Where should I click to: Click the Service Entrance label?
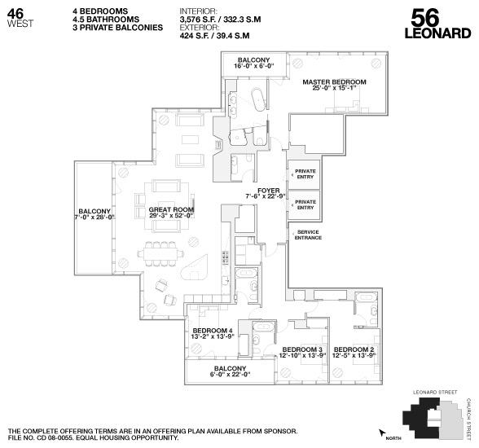[309, 235]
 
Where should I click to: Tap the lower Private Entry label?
[305, 204]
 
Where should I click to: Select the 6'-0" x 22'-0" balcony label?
[231, 371]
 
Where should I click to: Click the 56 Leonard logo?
[437, 24]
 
